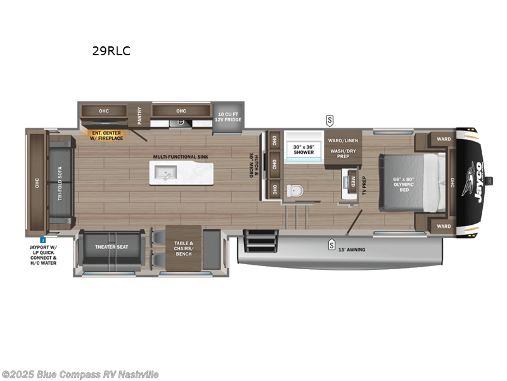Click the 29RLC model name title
pyautogui.click(x=111, y=51)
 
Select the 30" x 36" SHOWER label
pyautogui.click(x=303, y=149)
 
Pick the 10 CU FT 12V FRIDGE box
pyautogui.click(x=229, y=117)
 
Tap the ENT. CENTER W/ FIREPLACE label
pyautogui.click(x=106, y=135)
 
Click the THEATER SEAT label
pyautogui.click(x=112, y=246)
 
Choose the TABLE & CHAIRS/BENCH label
pyautogui.click(x=183, y=248)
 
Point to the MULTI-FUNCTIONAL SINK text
pyautogui.click(x=181, y=156)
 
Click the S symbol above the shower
pyautogui.click(x=330, y=119)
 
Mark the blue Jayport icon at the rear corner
pyautogui.click(x=42, y=240)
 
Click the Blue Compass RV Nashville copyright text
pyautogui.click(x=80, y=375)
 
